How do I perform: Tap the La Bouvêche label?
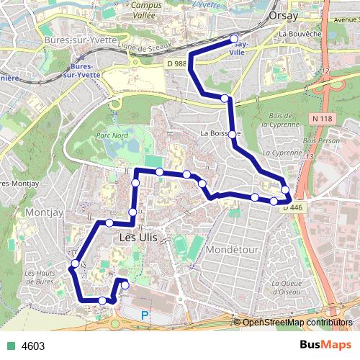coord(299,33)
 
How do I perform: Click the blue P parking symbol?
coord(145,315)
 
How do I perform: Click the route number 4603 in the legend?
coord(33,346)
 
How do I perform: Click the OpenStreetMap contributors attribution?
coord(297,323)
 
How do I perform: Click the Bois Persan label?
coord(320,141)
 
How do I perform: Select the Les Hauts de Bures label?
coord(40,277)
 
